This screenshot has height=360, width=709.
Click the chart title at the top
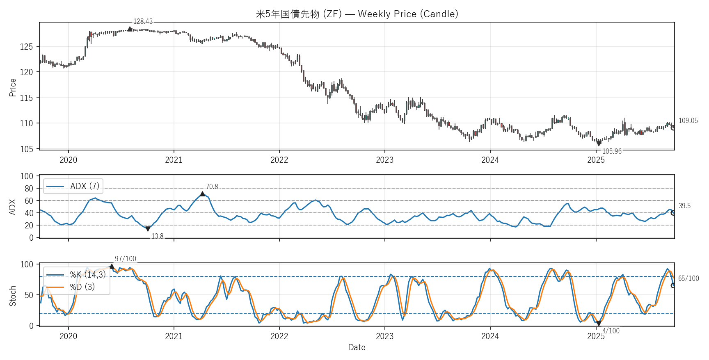click(357, 14)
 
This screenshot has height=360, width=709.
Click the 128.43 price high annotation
click(143, 21)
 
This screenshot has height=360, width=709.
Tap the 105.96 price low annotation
click(612, 151)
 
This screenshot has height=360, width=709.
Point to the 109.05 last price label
click(688, 121)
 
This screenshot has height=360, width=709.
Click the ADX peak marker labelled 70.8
click(202, 194)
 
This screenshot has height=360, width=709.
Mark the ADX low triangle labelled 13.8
click(148, 229)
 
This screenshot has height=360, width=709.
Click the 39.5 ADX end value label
click(684, 206)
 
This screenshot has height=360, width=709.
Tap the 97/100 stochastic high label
click(125, 259)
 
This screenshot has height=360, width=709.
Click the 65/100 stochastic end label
click(688, 278)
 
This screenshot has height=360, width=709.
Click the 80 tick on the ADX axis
click(29, 189)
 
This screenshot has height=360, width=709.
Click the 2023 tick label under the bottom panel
click(384, 337)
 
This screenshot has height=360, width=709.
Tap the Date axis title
click(357, 347)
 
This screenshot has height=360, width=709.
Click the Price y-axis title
click(13, 87)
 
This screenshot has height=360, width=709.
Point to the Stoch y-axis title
click(13, 296)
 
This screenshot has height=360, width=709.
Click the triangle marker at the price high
click(130, 29)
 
